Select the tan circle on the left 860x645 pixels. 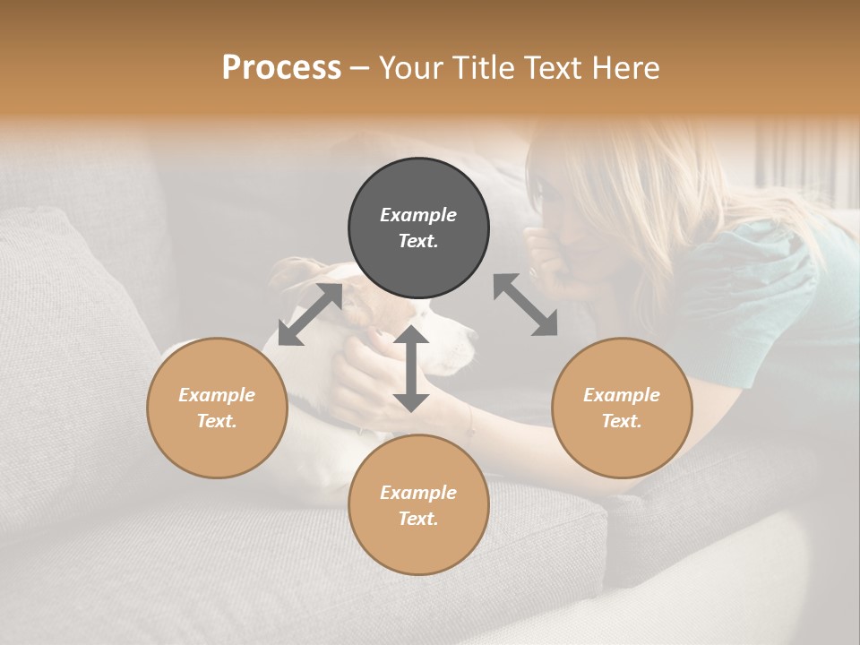(217, 408)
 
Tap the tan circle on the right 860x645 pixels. (622, 408)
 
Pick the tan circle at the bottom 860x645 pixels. (418, 504)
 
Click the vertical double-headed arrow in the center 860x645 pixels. (411, 368)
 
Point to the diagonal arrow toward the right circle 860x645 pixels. (525, 305)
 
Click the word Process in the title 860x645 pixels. (281, 67)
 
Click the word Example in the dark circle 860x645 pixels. (418, 215)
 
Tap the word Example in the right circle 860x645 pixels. (622, 395)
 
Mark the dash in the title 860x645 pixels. (360, 68)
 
